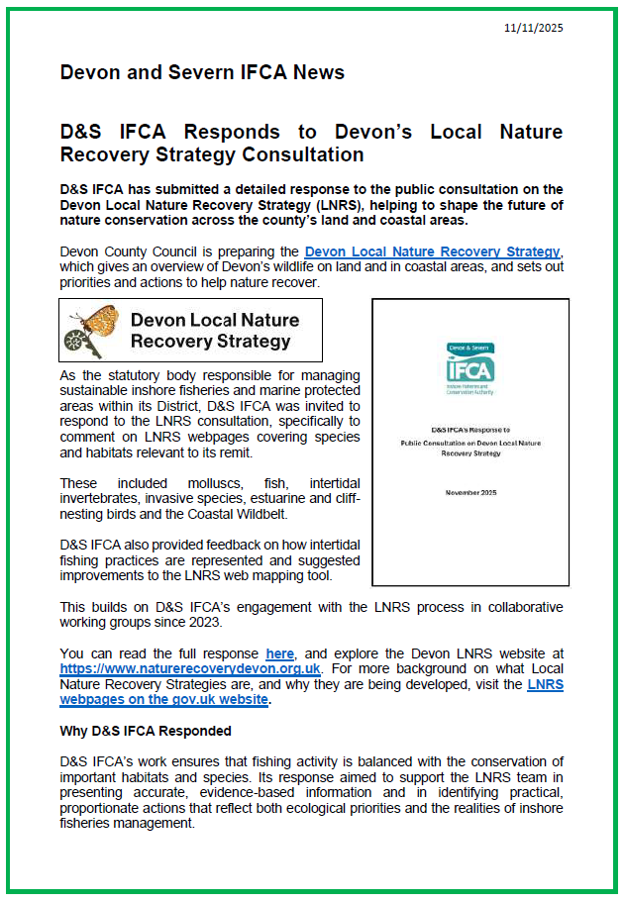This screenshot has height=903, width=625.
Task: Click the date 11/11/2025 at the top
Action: [x=533, y=28]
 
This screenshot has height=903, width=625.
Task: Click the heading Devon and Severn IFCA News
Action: [x=202, y=72]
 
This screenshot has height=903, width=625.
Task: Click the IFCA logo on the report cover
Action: [x=469, y=368]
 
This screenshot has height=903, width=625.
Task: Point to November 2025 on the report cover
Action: [x=469, y=492]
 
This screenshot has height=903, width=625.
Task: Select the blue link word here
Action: [x=279, y=653]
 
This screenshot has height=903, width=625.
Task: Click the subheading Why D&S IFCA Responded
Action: [x=146, y=731]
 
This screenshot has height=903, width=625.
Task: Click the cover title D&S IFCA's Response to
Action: [x=469, y=429]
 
